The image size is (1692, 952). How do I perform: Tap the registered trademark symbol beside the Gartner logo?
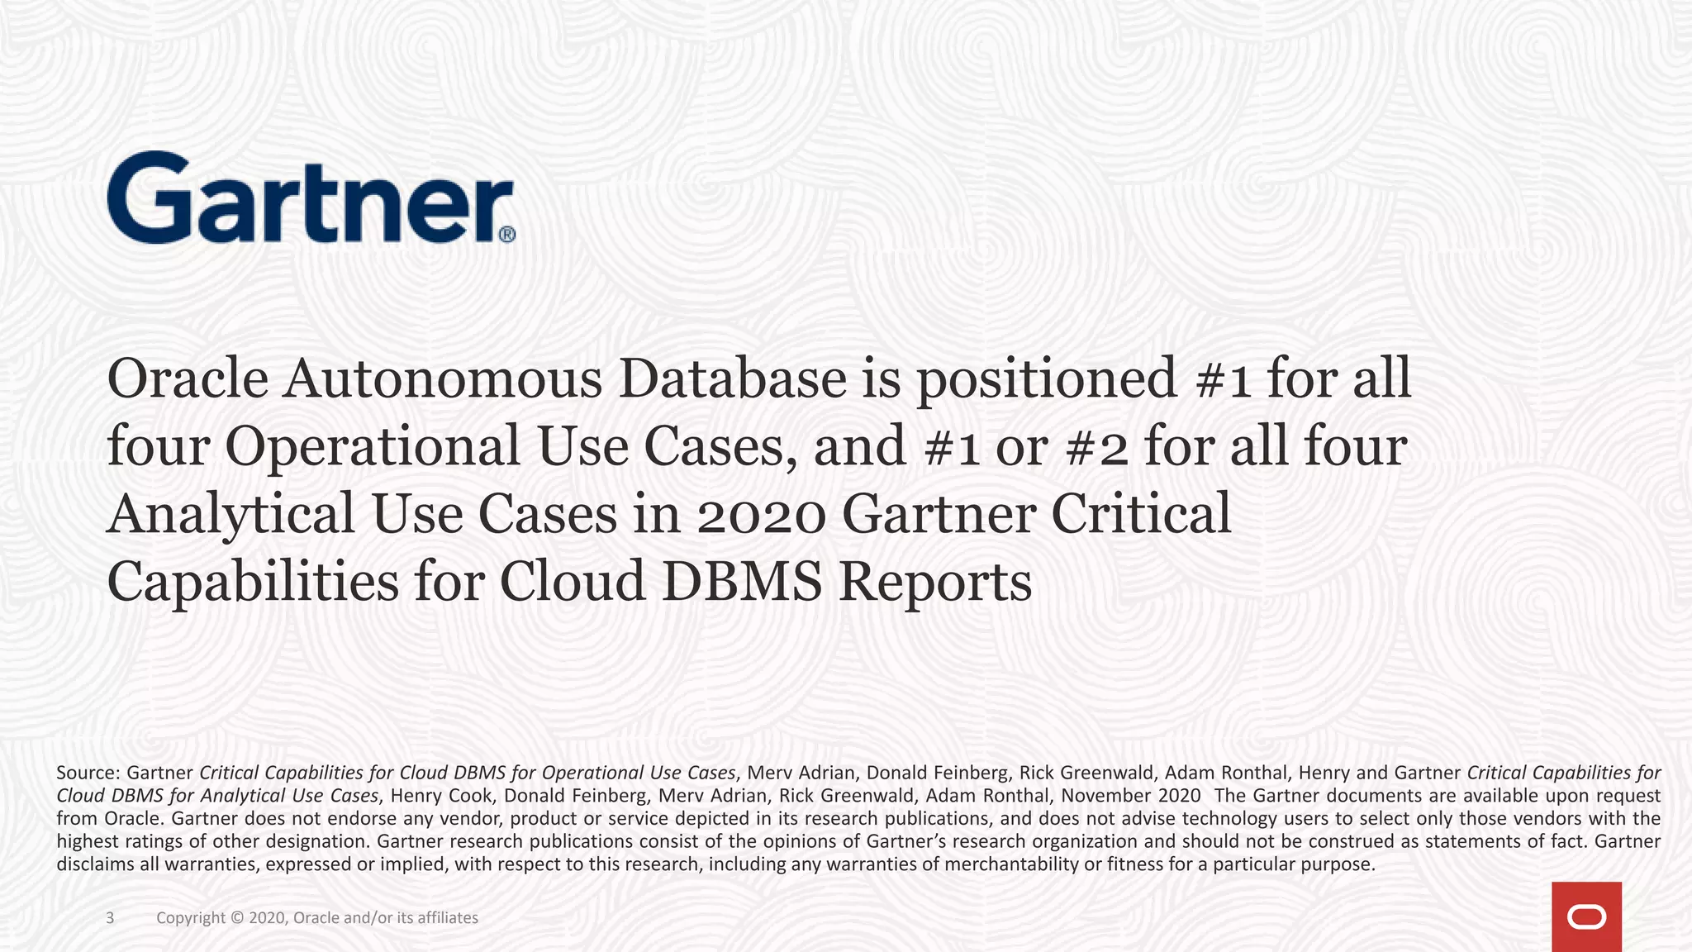[x=508, y=235]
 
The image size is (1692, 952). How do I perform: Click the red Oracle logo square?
[x=1585, y=916]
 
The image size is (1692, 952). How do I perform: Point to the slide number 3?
[x=110, y=917]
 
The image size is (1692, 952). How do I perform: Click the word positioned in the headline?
[x=1045, y=378]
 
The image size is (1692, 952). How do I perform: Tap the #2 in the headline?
[x=1096, y=446]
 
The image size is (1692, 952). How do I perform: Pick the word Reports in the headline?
[x=935, y=582]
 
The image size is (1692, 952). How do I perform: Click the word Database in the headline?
[x=733, y=378]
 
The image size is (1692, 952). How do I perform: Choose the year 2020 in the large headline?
[x=761, y=514]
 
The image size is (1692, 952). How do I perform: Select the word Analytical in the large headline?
[x=231, y=514]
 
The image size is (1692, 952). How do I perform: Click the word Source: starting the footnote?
[x=88, y=773]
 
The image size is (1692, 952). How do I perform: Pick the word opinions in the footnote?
[x=800, y=841]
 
